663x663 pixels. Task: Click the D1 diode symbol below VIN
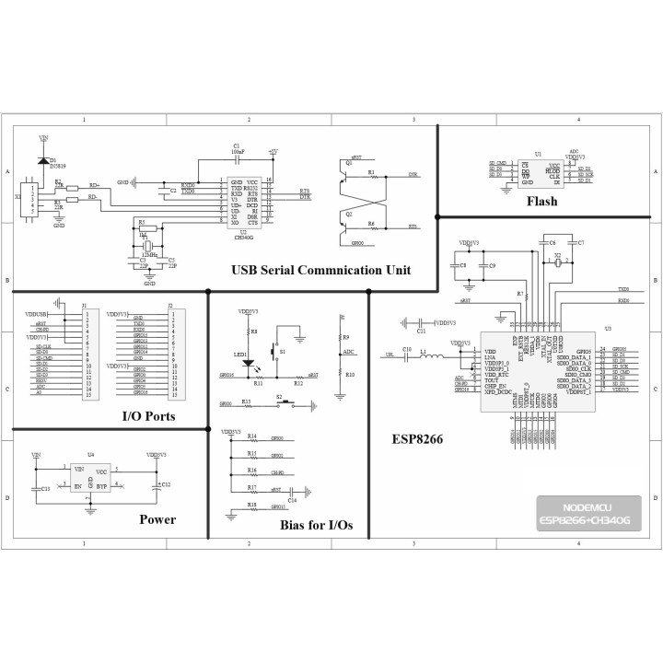click(x=43, y=160)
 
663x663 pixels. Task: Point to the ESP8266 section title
click(x=417, y=440)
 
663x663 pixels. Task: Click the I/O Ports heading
click(x=149, y=416)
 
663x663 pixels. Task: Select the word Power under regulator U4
click(x=157, y=519)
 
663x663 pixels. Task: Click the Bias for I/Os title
click(x=316, y=526)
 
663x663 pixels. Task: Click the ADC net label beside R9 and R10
click(x=348, y=351)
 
